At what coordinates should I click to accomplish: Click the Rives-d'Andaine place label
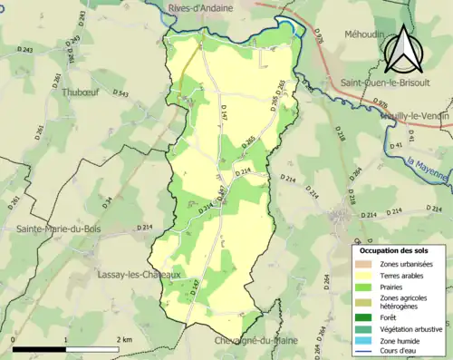pyautogui.click(x=199, y=7)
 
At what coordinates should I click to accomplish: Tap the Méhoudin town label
pyautogui.click(x=364, y=34)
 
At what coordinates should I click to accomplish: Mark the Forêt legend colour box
pyautogui.click(x=363, y=316)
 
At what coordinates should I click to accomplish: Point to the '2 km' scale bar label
pyautogui.click(x=124, y=339)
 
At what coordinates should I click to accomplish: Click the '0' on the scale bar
pyautogui.click(x=14, y=339)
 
